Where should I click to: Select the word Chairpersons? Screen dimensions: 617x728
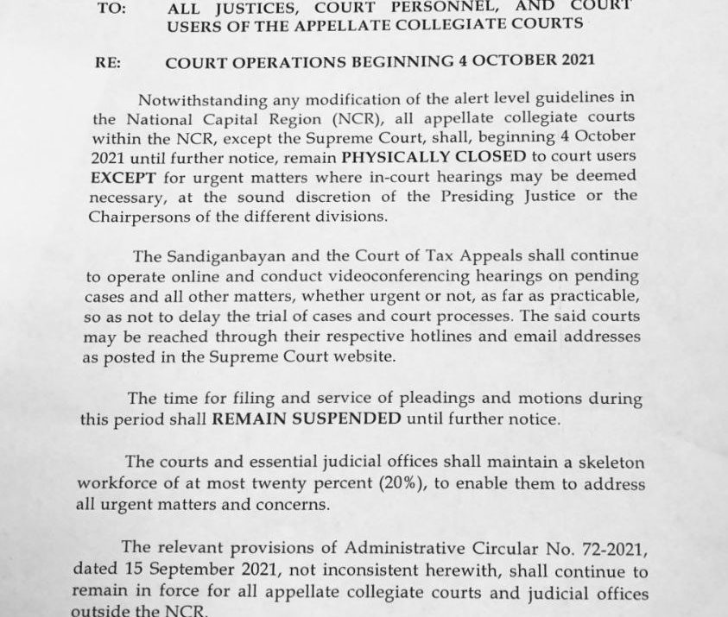[140, 217]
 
